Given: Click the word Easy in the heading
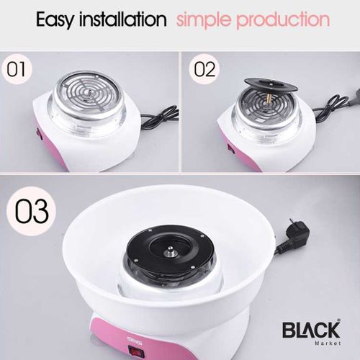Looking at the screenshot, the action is point(55,19).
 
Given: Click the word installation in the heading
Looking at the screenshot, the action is point(123,19).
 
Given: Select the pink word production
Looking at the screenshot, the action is point(283,20).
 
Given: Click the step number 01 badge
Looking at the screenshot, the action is point(17,69).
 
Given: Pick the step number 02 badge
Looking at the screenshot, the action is point(204,69).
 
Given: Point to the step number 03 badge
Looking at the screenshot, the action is point(31,210).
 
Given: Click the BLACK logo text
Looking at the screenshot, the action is point(312,330).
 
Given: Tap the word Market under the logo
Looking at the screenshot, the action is point(328,343).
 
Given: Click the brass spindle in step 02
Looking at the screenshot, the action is point(268,99).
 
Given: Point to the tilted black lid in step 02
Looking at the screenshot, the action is point(271,86).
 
